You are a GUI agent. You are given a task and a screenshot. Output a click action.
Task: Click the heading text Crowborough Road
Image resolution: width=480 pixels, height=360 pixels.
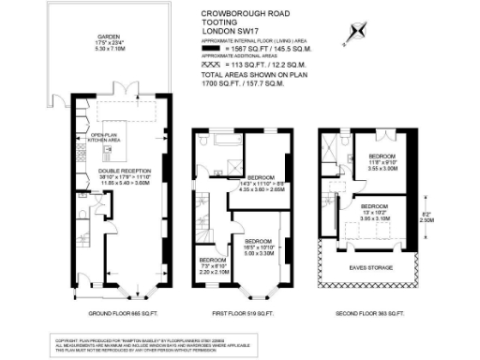click(240, 14)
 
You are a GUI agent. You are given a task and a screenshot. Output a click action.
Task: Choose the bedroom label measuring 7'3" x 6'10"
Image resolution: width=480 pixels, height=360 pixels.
click(212, 263)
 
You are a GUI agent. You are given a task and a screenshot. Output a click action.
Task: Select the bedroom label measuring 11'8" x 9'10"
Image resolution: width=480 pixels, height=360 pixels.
click(382, 161)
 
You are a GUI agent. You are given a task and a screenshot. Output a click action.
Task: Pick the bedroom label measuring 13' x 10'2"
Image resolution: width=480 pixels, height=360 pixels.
click(375, 211)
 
